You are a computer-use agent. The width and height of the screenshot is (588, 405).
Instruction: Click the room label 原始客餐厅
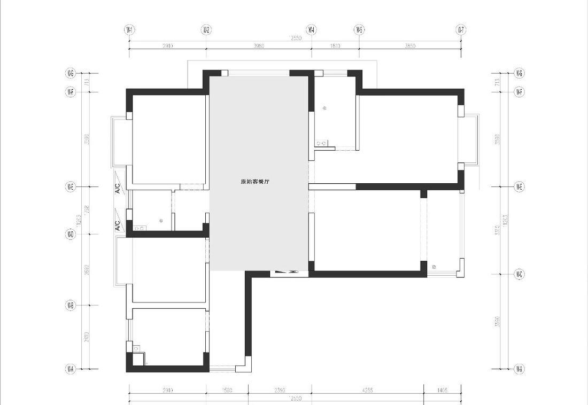click(x=254, y=182)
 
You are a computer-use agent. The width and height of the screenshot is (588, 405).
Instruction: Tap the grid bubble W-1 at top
click(x=129, y=30)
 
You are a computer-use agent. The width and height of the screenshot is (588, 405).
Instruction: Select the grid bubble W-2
click(x=206, y=30)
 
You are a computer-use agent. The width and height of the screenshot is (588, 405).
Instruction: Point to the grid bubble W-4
click(x=312, y=30)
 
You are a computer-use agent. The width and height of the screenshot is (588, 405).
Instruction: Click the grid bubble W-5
click(x=359, y=30)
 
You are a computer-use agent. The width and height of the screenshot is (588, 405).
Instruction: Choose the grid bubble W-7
click(x=461, y=30)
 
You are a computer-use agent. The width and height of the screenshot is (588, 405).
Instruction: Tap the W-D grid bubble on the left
click(x=70, y=234)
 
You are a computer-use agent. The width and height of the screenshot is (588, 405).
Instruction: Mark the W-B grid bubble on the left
click(x=70, y=306)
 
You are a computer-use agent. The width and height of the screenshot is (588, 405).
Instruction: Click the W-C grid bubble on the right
click(x=518, y=274)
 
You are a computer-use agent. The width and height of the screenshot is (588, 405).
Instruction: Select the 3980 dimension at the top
click(x=259, y=46)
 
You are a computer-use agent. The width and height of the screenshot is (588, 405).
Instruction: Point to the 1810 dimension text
click(x=335, y=46)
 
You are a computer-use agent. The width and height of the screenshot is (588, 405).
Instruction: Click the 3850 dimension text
click(x=410, y=46)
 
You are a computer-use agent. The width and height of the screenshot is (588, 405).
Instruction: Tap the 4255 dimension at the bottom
click(x=367, y=391)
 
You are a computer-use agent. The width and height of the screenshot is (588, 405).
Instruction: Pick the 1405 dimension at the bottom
click(x=442, y=391)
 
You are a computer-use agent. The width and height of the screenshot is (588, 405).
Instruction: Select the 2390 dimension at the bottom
click(x=280, y=391)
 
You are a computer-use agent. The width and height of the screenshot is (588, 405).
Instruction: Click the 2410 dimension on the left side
click(x=87, y=337)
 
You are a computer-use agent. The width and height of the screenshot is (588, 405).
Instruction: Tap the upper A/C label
click(x=117, y=188)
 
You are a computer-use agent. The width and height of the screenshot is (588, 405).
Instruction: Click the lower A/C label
click(x=117, y=226)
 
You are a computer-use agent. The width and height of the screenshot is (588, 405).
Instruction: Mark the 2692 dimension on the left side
click(x=87, y=270)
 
